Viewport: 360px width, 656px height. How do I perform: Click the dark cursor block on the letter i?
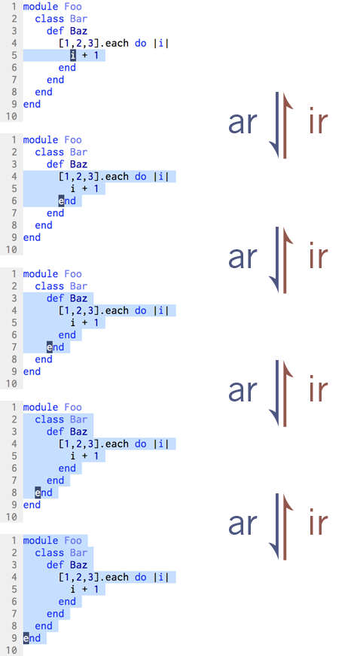click(x=73, y=55)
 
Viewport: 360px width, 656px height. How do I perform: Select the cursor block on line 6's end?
click(x=62, y=201)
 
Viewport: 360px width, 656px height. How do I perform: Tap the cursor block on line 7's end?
click(x=50, y=347)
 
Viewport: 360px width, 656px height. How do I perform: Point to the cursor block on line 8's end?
click(x=38, y=493)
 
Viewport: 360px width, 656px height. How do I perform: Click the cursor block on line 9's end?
click(x=26, y=639)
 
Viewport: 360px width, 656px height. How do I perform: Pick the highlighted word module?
click(x=41, y=541)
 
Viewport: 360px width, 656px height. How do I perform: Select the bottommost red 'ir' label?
click(x=318, y=523)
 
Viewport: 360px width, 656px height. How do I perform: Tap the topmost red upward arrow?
click(x=286, y=125)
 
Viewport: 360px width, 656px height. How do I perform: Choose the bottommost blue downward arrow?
click(x=276, y=526)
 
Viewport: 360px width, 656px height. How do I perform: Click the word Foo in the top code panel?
click(x=73, y=7)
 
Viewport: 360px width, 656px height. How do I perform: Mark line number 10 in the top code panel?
click(x=11, y=116)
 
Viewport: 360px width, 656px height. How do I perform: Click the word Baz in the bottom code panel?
click(x=78, y=565)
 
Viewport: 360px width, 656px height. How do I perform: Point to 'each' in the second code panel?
click(x=117, y=176)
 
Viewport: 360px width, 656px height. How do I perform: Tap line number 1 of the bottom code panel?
click(x=14, y=541)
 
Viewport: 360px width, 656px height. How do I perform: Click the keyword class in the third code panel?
click(x=50, y=286)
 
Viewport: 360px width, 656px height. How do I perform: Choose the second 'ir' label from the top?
click(x=318, y=257)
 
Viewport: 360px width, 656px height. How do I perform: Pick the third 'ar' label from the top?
click(x=242, y=391)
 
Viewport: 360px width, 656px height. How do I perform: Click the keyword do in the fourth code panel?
click(x=141, y=444)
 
